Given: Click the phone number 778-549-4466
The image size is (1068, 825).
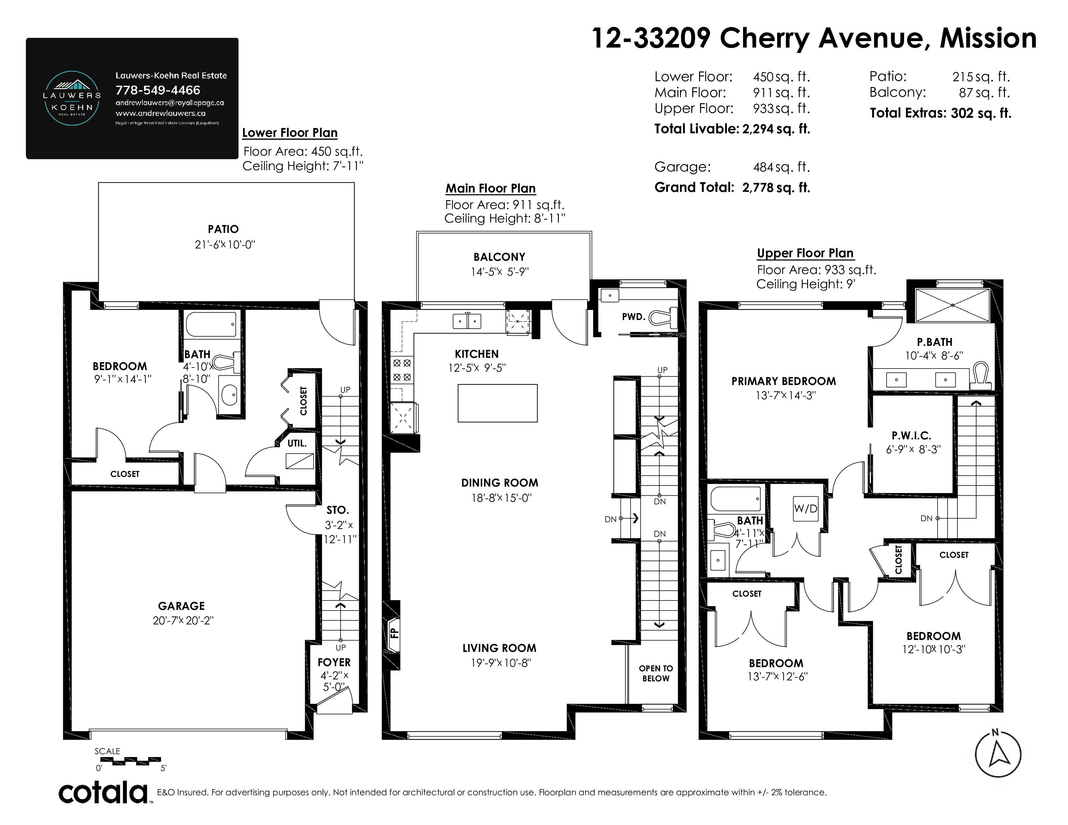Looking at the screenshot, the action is [x=158, y=90].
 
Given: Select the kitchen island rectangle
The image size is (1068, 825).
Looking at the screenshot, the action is [x=497, y=403].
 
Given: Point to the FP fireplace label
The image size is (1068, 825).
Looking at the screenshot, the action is [x=395, y=633].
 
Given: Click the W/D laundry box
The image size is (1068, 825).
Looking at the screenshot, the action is [x=806, y=508].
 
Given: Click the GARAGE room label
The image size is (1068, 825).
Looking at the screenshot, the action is [x=182, y=606].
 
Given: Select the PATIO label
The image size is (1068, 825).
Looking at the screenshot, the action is [x=224, y=229].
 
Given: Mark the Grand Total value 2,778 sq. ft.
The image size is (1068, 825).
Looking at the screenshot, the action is [x=776, y=188].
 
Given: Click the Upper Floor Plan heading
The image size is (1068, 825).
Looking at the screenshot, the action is [x=806, y=253].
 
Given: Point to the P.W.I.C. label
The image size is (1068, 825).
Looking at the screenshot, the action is [x=911, y=435].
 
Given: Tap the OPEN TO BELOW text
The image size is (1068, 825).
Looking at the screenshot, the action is [x=656, y=673].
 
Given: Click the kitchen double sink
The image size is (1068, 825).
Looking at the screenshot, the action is [x=467, y=321].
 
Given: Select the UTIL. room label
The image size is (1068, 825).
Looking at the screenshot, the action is [x=297, y=443].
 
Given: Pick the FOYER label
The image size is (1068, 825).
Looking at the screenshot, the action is [x=334, y=662].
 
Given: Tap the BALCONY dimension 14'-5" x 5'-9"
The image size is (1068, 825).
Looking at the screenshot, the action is [x=500, y=272].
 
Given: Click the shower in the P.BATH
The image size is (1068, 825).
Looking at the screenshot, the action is [x=952, y=305].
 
